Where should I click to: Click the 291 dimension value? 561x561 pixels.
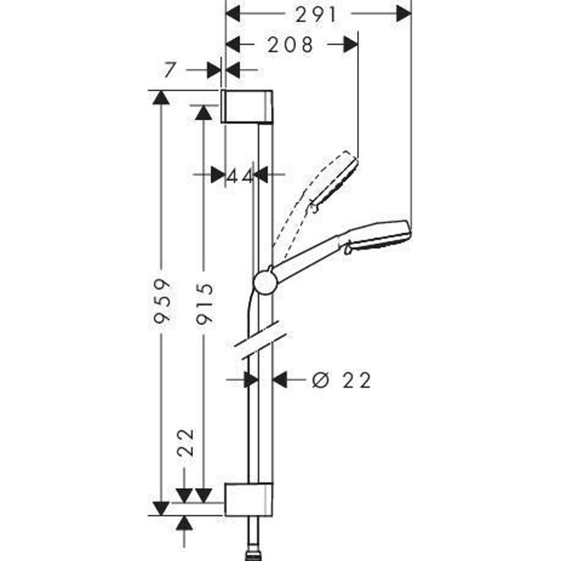click(316, 15)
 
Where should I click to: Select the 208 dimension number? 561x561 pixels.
click(290, 45)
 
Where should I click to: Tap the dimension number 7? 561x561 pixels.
click(170, 69)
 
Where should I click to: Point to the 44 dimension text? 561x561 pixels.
click(240, 176)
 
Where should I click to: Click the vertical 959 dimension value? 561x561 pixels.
click(161, 302)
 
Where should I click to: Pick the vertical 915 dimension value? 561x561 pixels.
click(204, 304)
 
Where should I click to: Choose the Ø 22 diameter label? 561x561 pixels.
click(342, 380)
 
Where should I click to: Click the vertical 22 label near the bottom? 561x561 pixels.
click(186, 442)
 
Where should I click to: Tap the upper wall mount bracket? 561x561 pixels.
click(247, 107)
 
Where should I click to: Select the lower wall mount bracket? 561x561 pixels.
click(249, 499)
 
